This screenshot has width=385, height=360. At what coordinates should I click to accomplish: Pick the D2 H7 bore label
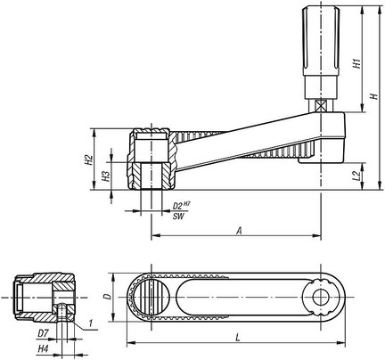click(182, 205)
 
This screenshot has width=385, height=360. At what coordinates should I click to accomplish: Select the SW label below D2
click(178, 217)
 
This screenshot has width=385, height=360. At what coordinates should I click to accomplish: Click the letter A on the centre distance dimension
click(240, 231)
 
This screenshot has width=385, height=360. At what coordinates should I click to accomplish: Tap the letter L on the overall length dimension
click(237, 338)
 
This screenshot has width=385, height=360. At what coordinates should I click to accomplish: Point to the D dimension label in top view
click(108, 297)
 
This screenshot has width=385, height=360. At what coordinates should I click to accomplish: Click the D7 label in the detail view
click(43, 333)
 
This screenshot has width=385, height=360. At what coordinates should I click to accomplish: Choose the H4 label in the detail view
click(43, 348)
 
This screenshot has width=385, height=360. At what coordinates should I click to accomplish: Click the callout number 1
click(92, 323)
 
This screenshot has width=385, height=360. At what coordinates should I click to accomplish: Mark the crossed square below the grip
click(320, 106)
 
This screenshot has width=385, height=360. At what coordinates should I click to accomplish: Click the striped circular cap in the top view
click(151, 297)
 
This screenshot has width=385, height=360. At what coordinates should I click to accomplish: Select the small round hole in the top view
click(321, 297)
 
